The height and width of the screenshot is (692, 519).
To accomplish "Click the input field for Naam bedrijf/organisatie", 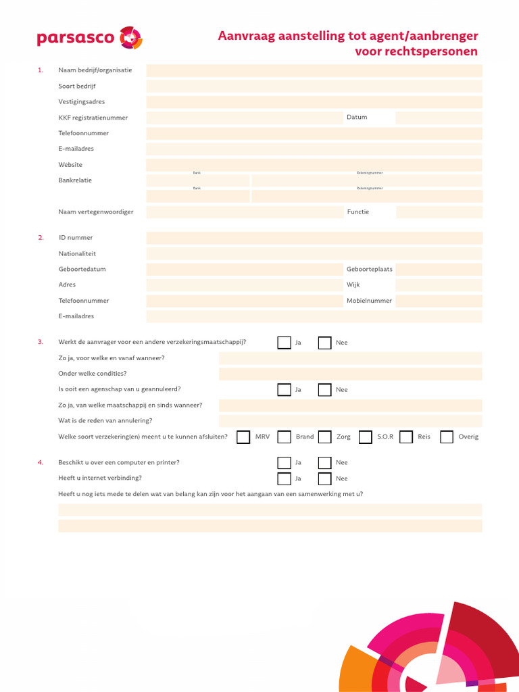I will (x=314, y=70).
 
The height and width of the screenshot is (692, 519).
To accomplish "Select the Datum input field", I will (x=439, y=118).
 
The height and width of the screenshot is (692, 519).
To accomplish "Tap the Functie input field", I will (x=439, y=212).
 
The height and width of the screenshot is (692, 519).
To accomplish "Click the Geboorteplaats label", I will (x=369, y=269).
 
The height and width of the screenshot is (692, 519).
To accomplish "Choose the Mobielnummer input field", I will (x=439, y=301).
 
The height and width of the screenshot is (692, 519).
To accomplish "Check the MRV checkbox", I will (x=243, y=437).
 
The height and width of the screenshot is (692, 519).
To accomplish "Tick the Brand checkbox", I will (x=285, y=437).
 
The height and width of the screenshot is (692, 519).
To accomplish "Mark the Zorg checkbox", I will (x=325, y=437).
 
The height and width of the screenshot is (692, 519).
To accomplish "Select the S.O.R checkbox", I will (x=366, y=437).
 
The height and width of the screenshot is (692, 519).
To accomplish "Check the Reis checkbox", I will (x=406, y=437).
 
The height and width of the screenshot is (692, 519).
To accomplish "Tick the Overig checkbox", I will (x=447, y=437).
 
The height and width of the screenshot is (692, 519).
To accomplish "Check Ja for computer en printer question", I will (x=285, y=463).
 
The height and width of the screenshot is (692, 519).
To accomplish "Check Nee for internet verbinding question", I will (x=325, y=478).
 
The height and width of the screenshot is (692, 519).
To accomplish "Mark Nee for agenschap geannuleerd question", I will (x=325, y=390).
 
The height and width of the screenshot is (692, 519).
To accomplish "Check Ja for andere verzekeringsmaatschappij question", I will (x=285, y=343).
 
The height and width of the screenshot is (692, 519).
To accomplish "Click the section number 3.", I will (x=41, y=343).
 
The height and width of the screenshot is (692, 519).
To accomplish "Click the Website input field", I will (x=314, y=165).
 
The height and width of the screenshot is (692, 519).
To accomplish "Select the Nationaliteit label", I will (x=77, y=253).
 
